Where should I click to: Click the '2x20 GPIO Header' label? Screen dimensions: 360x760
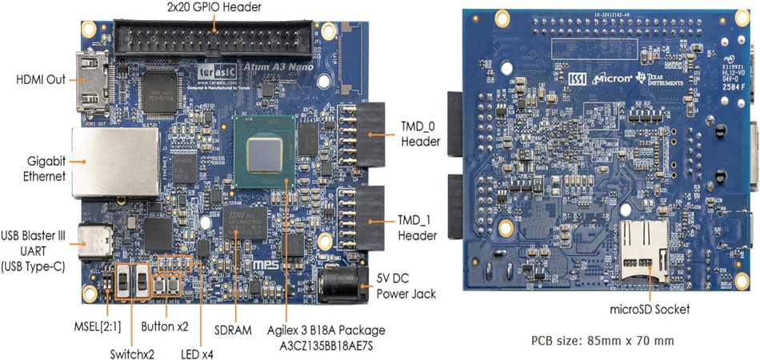tap(214, 8)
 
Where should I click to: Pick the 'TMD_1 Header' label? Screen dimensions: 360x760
tap(418, 227)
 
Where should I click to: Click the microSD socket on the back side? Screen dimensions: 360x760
tap(646, 253)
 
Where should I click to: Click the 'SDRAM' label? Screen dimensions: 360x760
tap(234, 329)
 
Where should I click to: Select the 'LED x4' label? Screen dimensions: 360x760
tap(198, 353)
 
